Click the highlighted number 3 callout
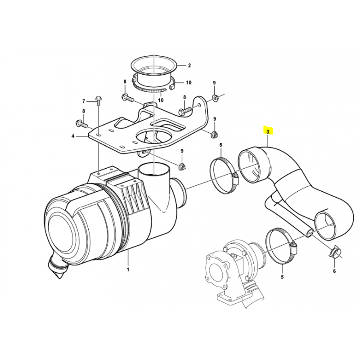[268, 131]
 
